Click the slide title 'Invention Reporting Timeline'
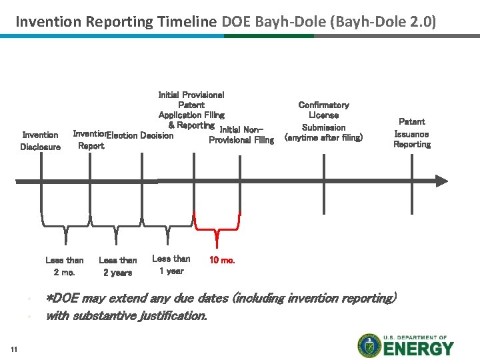click(x=116, y=21)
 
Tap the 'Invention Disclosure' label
click(x=40, y=141)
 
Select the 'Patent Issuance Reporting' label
click(x=411, y=133)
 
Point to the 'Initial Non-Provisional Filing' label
click(x=241, y=135)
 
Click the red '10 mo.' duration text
click(x=222, y=260)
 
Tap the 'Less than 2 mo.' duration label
click(x=65, y=266)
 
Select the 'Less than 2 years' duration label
click(x=117, y=266)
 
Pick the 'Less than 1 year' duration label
click(x=171, y=265)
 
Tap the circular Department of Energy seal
click(x=369, y=345)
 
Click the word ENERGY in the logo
click(x=418, y=349)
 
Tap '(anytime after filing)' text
click(x=323, y=138)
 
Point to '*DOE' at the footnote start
click(x=61, y=298)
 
